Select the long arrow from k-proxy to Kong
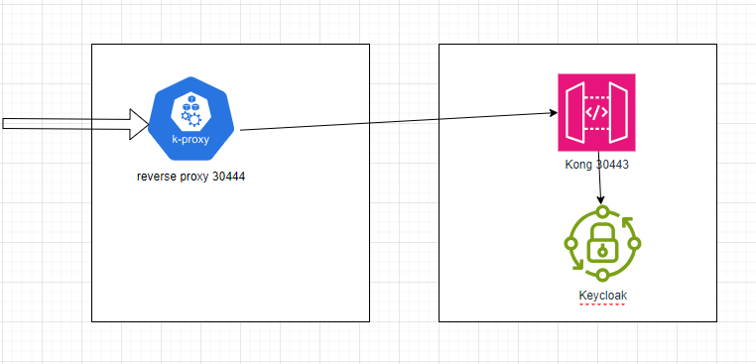[397, 121]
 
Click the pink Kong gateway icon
[596, 112]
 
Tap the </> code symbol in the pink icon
[596, 112]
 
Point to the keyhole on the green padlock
[601, 250]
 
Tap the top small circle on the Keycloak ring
[601, 212]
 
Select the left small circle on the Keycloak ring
[569, 243]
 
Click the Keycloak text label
[602, 295]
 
